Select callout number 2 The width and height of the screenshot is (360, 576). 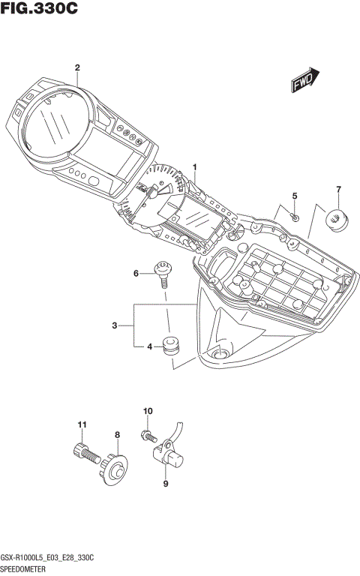coord(77,67)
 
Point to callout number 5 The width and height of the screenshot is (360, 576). coord(295,196)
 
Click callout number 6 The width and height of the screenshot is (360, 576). coord(136,274)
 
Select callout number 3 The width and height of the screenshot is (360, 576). coord(114,325)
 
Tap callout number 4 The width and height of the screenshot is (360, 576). coord(149,346)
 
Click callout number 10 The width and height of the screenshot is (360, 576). coord(148,411)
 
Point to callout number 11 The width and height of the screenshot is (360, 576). coord(82,425)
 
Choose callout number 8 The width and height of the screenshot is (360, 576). coord(117,434)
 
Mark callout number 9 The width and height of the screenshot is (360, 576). coord(166,484)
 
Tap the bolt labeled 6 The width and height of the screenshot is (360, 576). coord(162,273)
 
